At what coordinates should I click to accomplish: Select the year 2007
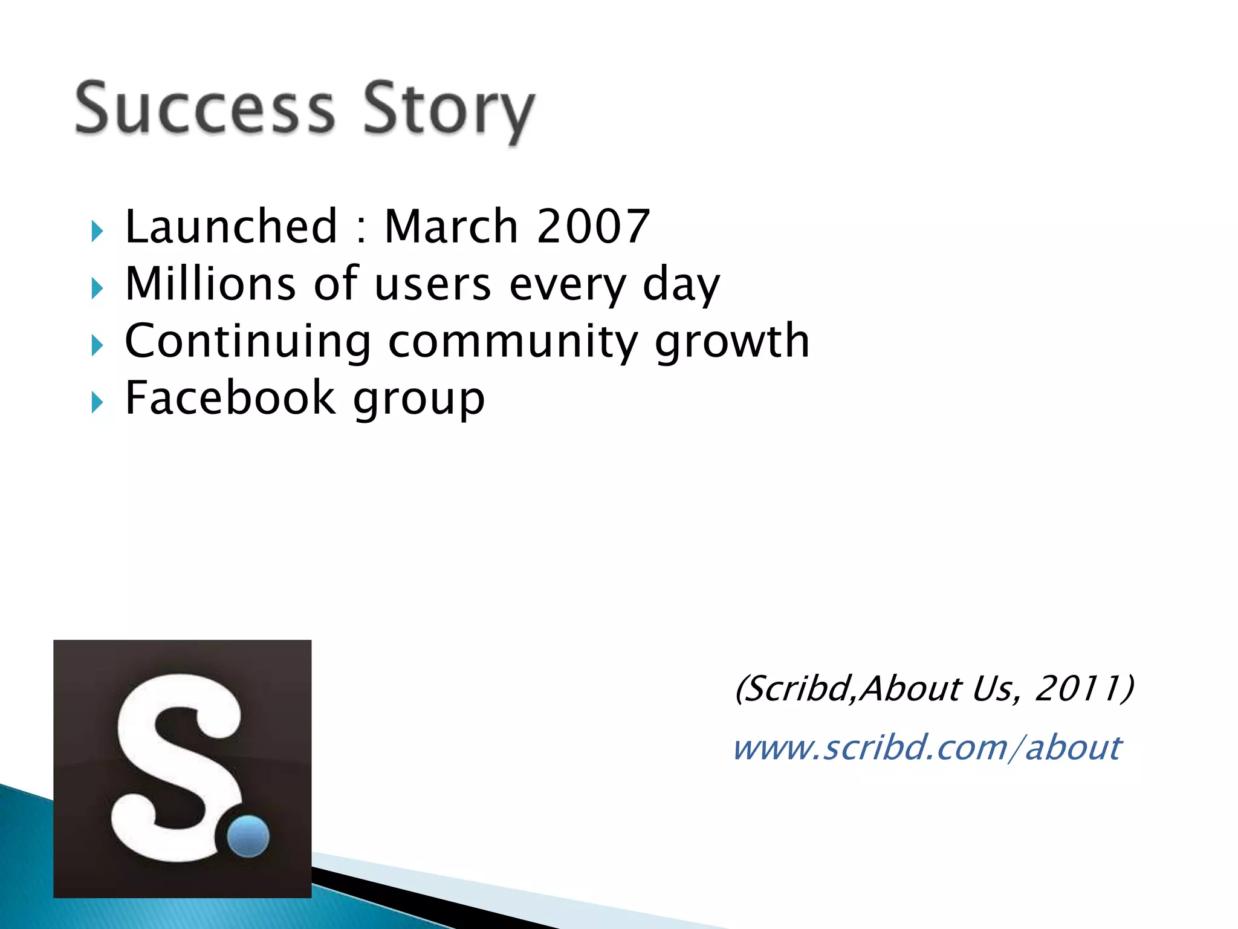coord(593,226)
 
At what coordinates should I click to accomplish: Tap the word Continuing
coord(247,342)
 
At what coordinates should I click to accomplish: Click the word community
coord(513,342)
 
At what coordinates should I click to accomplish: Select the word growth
coord(732,342)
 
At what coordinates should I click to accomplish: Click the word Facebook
coord(230,398)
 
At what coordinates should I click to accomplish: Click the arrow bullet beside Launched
coord(97,231)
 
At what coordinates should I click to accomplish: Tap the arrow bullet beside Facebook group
coord(97,402)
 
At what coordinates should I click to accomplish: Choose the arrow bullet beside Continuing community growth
coord(97,346)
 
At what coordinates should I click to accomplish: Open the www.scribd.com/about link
coord(927,748)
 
